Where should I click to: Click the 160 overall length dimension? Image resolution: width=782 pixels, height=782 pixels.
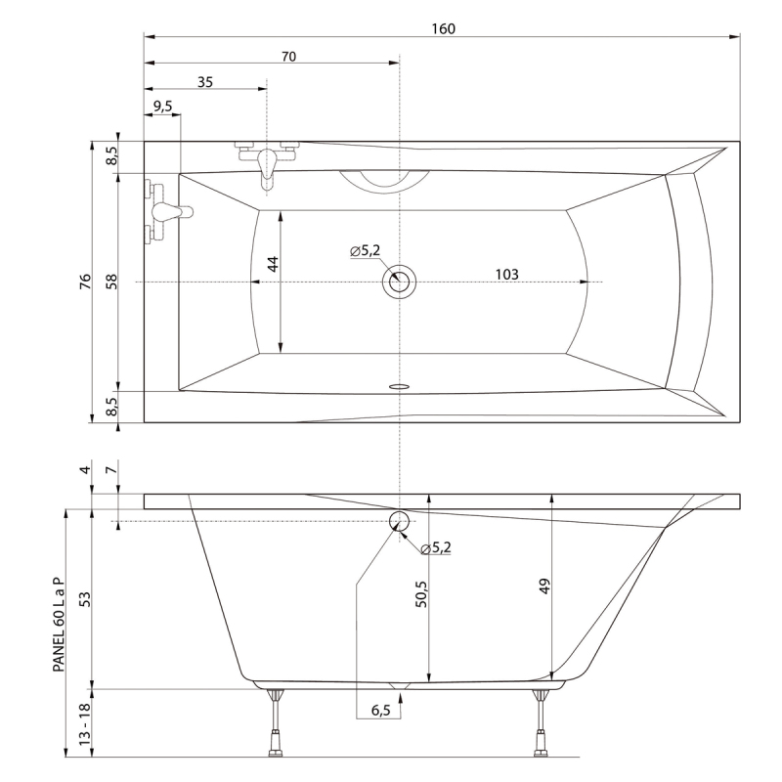pyautogui.click(x=444, y=29)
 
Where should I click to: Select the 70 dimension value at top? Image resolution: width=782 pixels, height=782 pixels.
pyautogui.click(x=288, y=57)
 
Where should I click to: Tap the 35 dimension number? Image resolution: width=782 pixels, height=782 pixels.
pyautogui.click(x=205, y=82)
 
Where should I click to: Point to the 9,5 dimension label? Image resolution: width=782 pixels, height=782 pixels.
pyautogui.click(x=162, y=107)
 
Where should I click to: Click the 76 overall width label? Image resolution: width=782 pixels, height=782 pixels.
pyautogui.click(x=85, y=282)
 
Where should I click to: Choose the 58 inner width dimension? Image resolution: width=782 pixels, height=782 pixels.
pyautogui.click(x=111, y=282)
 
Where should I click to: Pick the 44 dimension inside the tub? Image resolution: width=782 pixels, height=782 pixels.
pyautogui.click(x=273, y=264)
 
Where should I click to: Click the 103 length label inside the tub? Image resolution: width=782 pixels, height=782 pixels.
pyautogui.click(x=506, y=275)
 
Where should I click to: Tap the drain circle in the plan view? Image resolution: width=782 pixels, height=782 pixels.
pyautogui.click(x=399, y=282)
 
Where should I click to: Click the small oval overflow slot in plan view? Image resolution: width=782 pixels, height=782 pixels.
pyautogui.click(x=399, y=386)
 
